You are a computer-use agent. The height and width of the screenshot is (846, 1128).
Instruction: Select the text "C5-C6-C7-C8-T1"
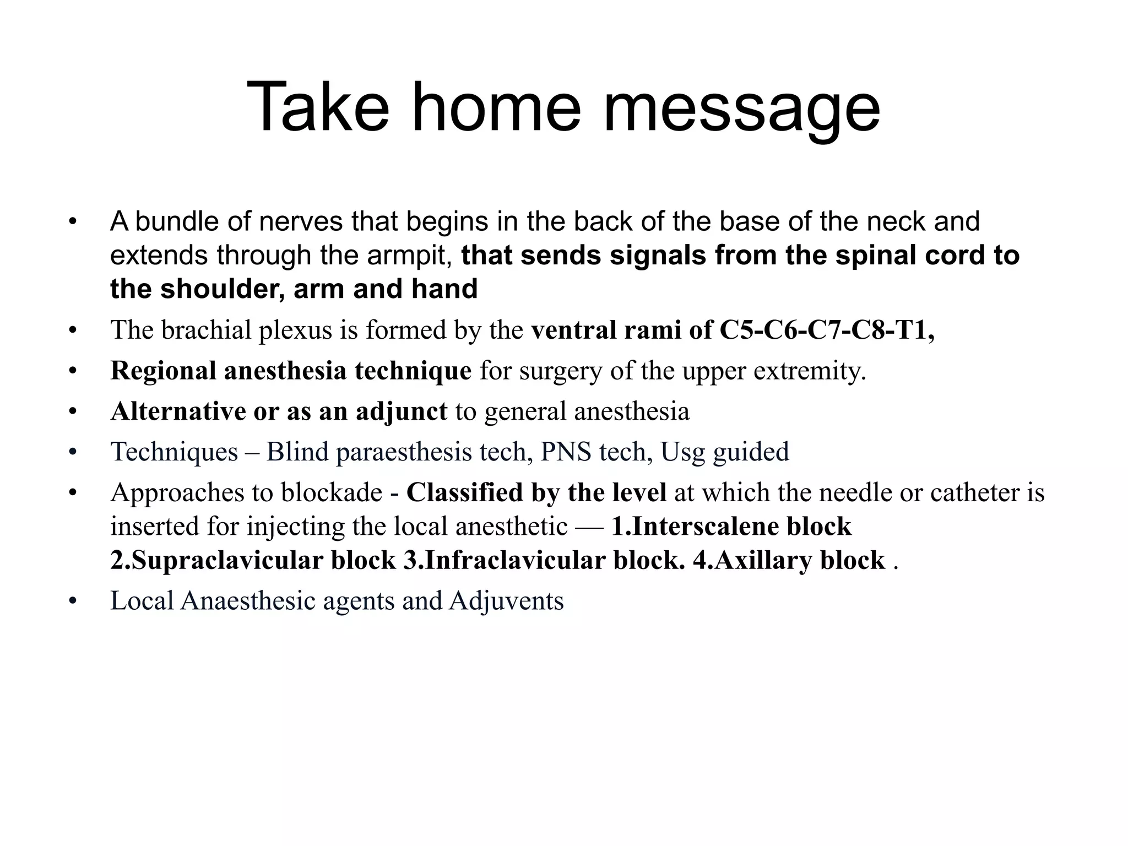point(823,330)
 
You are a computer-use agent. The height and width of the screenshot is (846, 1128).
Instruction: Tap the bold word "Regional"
point(162,371)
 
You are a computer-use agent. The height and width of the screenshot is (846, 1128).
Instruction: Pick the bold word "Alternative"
point(177,411)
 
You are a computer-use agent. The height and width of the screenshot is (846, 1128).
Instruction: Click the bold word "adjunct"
point(401,411)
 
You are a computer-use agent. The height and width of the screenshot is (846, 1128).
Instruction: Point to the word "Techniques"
point(174,452)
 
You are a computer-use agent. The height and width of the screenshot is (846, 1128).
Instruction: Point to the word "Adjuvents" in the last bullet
point(506,601)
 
